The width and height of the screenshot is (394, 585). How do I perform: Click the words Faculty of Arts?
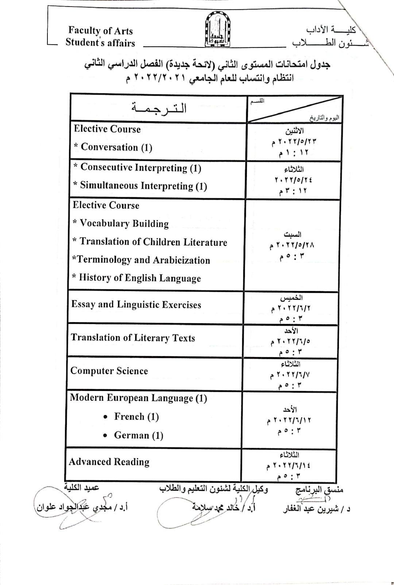tap(100, 31)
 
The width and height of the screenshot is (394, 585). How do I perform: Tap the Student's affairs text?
tap(100, 43)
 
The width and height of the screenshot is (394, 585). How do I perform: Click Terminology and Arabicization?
tap(141, 260)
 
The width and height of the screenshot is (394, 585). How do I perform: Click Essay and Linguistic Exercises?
tap(136, 305)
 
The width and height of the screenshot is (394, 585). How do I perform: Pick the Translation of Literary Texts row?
tap(133, 338)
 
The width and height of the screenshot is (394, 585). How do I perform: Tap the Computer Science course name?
tap(109, 371)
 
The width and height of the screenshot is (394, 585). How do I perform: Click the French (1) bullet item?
tap(136, 417)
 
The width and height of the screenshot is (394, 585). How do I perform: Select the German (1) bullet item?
tap(138, 435)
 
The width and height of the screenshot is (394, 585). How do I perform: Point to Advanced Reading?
tap(109, 462)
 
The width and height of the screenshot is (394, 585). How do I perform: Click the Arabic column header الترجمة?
tap(159, 108)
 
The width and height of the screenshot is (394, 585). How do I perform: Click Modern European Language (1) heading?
tap(138, 398)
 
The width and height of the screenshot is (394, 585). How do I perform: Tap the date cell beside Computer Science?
tap(291, 375)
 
